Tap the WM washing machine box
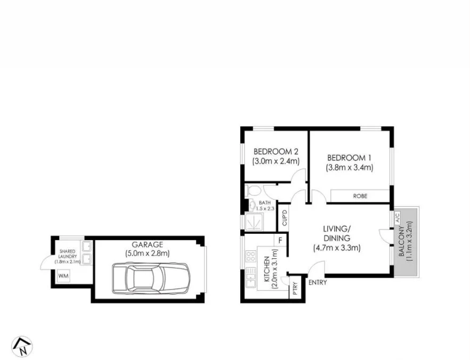[63, 276]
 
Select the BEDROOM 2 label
[275, 151]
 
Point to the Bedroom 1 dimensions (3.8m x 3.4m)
[349, 167]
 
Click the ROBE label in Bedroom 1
[360, 196]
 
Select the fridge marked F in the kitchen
[279, 241]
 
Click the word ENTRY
[318, 282]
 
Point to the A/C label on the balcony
[397, 217]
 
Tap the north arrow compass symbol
[22, 346]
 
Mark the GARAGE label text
[147, 245]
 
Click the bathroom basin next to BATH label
[252, 205]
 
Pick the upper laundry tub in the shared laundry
[86, 247]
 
